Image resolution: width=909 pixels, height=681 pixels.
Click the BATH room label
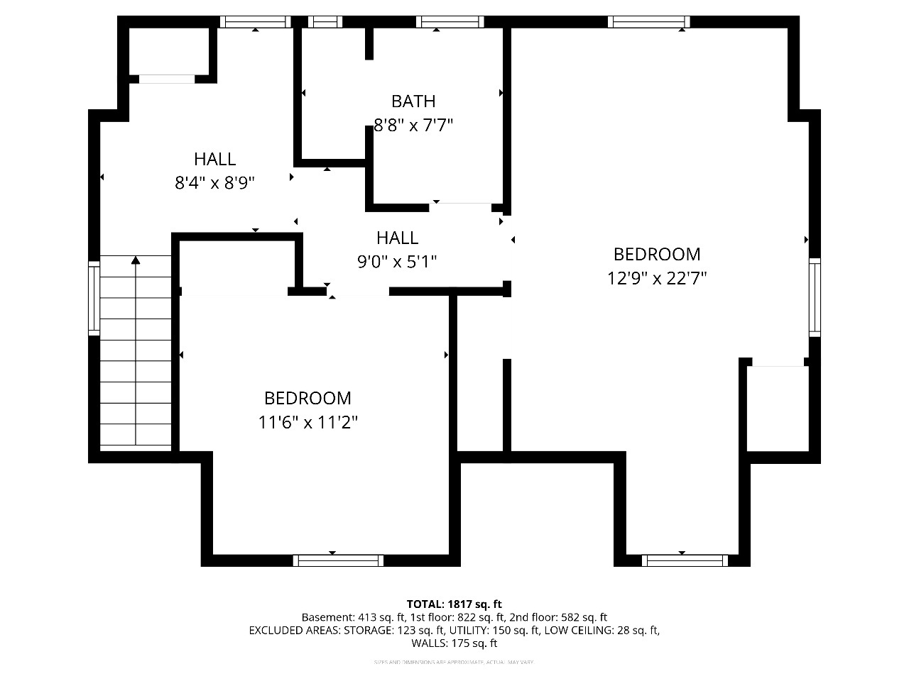coord(413,101)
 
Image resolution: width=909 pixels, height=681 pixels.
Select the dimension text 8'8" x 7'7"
coord(413,126)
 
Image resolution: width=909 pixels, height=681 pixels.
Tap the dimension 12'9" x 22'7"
coord(657,278)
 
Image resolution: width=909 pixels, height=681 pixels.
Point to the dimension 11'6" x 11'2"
coord(307,423)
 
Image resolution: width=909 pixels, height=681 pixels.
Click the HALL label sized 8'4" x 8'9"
coord(214,159)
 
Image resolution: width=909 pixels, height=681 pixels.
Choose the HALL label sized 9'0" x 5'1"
coord(397,238)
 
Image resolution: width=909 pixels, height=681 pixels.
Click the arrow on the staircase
coord(136,261)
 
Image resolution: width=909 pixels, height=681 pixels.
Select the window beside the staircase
coord(94,298)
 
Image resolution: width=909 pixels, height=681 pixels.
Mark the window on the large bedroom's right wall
coord(815,297)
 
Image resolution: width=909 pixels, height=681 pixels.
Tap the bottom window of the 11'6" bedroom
coord(339,560)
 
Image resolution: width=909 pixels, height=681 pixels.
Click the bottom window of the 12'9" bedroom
coord(685,560)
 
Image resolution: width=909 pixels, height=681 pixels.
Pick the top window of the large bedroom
coord(649,22)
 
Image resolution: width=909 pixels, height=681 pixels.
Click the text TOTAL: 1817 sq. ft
coord(454,604)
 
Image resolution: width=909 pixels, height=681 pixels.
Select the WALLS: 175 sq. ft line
coord(454,643)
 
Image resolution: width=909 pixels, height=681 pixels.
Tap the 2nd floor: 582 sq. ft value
coord(558,617)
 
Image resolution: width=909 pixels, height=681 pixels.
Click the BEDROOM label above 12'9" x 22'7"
coord(657,254)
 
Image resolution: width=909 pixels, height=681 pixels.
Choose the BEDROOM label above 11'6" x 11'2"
coord(307,399)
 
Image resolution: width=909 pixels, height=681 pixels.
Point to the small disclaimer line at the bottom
coord(454,663)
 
